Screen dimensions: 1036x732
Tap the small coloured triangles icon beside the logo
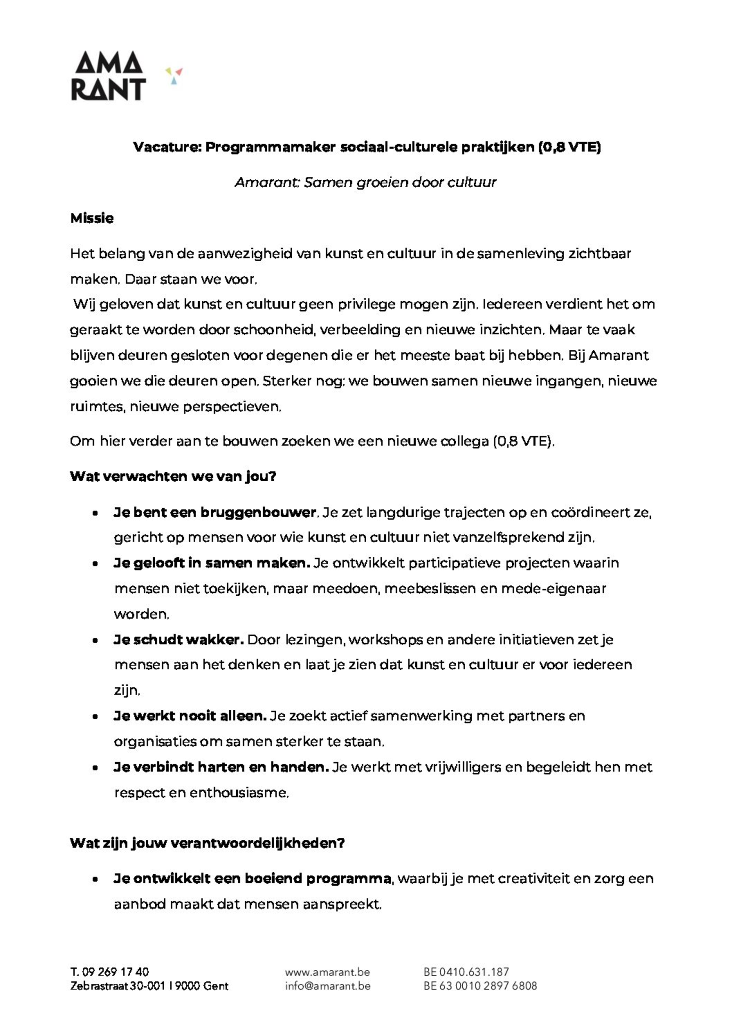pyautogui.click(x=174, y=75)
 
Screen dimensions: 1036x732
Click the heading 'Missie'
pyautogui.click(x=92, y=218)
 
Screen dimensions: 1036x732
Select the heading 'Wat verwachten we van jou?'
pyautogui.click(x=173, y=477)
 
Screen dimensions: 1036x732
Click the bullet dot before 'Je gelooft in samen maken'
pyautogui.click(x=95, y=564)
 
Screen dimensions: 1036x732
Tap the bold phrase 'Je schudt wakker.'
pyautogui.click(x=179, y=640)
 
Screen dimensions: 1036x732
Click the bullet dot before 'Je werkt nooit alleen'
pyautogui.click(x=95, y=716)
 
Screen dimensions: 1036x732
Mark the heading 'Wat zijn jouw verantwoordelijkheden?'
pyautogui.click(x=207, y=843)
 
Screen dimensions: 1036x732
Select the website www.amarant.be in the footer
pyautogui.click(x=327, y=972)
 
